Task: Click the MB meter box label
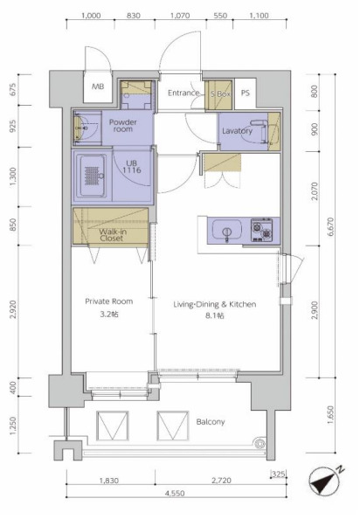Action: pos(98,87)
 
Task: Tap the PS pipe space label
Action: pos(246,93)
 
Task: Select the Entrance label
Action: pos(183,93)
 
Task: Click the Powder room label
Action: pos(123,126)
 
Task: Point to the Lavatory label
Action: pos(237,131)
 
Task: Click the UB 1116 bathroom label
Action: pos(132,167)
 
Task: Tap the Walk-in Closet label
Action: pos(113,235)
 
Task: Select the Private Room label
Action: pos(108,301)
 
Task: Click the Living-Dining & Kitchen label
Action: pos(215,304)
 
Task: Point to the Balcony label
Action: pos(211,422)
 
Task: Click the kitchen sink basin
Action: pos(227,230)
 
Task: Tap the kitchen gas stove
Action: pos(262,230)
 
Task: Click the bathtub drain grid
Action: pos(93,176)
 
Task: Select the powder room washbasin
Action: pos(79,128)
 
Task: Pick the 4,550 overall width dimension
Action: pos(175,493)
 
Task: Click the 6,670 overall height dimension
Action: pos(331,227)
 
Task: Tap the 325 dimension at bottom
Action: pos(279,474)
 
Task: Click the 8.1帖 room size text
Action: pos(215,315)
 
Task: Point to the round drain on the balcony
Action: pos(260,444)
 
